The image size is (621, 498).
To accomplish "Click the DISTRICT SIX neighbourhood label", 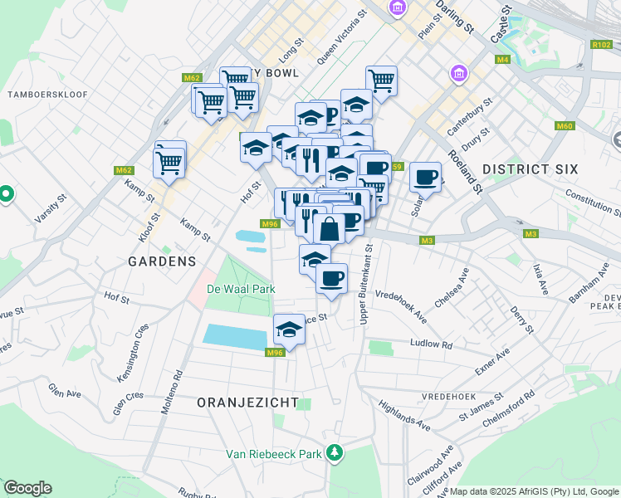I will pyautogui.click(x=530, y=169).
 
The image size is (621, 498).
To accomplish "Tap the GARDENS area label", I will pyautogui.click(x=162, y=261).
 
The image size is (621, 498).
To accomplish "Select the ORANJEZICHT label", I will pyautogui.click(x=247, y=402).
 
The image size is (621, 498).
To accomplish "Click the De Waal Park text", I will pyautogui.click(x=240, y=289).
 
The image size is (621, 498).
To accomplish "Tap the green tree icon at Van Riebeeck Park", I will pyautogui.click(x=334, y=453).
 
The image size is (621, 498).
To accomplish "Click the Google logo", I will pyautogui.click(x=27, y=488).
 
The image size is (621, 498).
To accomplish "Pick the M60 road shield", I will pyautogui.click(x=565, y=126).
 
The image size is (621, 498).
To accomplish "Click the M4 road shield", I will pyautogui.click(x=502, y=60).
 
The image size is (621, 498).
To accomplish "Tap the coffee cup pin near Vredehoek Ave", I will pyautogui.click(x=331, y=278).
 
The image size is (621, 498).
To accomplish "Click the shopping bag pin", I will pyautogui.click(x=329, y=229).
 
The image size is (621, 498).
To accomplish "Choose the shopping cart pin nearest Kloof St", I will pyautogui.click(x=169, y=162).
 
